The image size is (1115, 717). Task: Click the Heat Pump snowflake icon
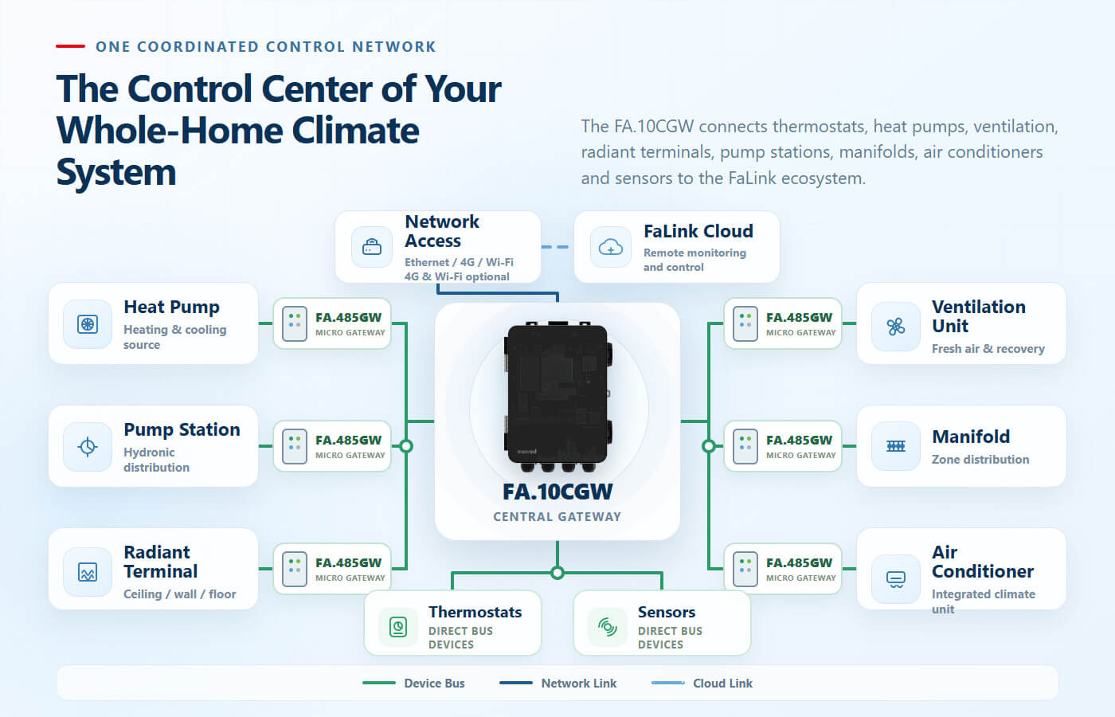coord(88,324)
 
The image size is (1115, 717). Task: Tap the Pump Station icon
coord(88,447)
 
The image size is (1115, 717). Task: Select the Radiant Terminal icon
coord(88,572)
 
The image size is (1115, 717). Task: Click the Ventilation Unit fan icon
coord(895,327)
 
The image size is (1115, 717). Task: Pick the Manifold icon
coord(895,446)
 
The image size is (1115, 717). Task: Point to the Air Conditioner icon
coord(895,579)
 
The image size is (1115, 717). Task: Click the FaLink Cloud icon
coord(610,247)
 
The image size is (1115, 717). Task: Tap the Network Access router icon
coord(372,246)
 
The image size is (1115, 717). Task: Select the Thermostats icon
coord(398,627)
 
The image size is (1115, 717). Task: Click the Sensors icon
coord(607,627)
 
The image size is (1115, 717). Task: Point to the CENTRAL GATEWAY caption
coord(557,517)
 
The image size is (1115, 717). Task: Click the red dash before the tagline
coord(70,46)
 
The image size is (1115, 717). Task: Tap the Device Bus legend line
coord(379,684)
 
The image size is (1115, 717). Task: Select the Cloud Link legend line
coord(668,684)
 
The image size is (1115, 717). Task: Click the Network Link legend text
coord(579,684)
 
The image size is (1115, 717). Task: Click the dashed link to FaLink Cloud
coord(554,247)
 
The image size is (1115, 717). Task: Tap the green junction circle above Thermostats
coord(557,573)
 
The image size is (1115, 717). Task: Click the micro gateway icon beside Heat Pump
coord(294,323)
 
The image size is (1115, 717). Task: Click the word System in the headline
coord(116,172)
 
